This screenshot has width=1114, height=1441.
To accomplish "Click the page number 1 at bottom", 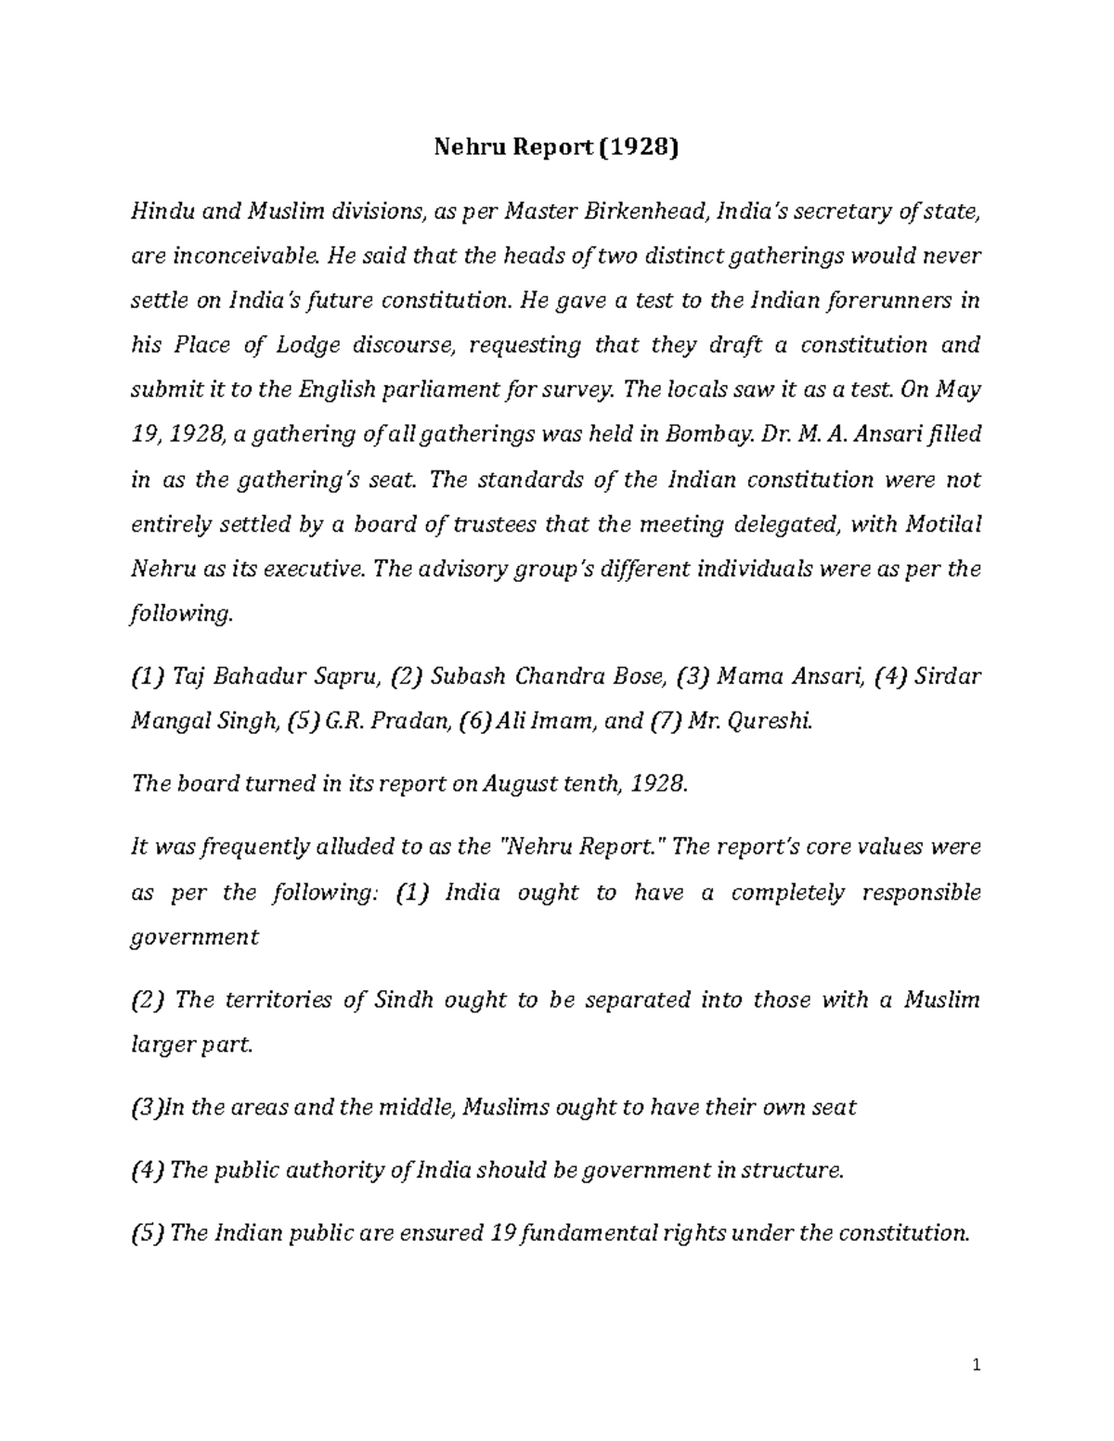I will click(976, 1366).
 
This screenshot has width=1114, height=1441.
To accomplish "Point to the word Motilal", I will click(943, 524).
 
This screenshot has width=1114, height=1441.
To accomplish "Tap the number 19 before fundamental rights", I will click(502, 1233).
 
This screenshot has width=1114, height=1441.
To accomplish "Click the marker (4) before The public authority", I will click(149, 1170).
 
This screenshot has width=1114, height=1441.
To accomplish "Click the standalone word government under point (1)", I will click(195, 937).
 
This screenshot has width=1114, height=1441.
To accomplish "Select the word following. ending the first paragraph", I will click(179, 613).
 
